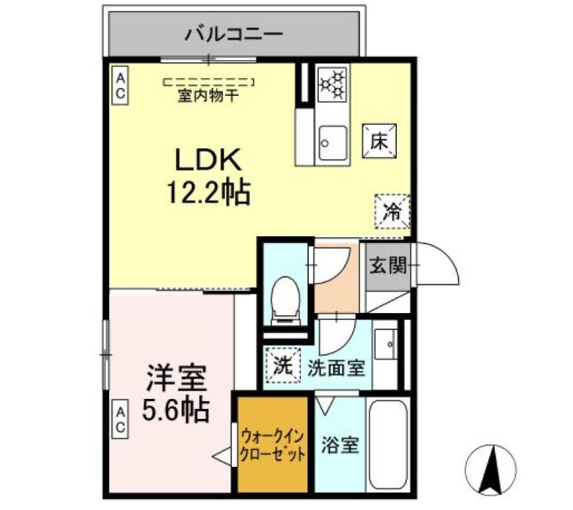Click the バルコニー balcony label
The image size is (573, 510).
click(x=234, y=33)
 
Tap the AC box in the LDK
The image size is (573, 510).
click(x=120, y=86)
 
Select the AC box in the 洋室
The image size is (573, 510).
click(x=120, y=419)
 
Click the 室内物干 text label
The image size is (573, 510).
click(x=208, y=95)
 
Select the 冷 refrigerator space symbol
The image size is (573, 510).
click(x=392, y=211)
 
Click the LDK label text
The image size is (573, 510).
click(x=208, y=159)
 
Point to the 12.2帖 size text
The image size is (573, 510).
click(x=208, y=191)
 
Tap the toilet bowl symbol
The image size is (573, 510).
click(x=285, y=299)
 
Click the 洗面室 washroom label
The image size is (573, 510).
click(x=337, y=369)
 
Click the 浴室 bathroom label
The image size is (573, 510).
click(x=340, y=444)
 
